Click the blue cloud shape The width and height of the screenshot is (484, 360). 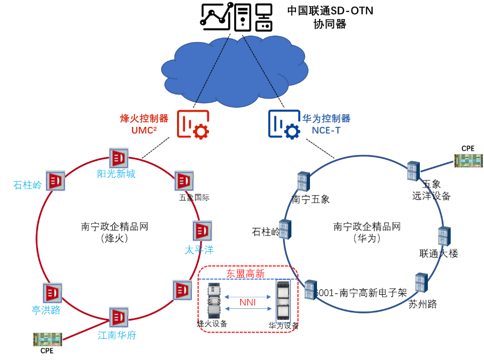coord(234,70)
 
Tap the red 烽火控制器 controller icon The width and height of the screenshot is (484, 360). coord(193,124)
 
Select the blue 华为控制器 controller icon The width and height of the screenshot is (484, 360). coord(284,124)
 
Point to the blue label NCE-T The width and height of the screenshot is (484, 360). coord(326,130)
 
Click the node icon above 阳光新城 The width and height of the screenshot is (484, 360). coord(119,158)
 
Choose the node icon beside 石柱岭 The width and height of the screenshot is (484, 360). coord(56,181)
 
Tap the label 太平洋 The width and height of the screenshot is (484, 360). coord(199,250)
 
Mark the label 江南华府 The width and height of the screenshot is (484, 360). coord(116,335)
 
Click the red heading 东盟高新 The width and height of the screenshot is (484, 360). coord(245,274)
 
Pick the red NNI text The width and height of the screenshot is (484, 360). coord(247,302)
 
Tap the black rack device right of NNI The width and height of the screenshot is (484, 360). coord(283,301)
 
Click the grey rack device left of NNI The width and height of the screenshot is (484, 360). coord(214,301)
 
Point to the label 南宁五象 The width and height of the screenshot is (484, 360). coord(311,200)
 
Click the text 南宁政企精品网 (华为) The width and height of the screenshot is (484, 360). coord(367,232)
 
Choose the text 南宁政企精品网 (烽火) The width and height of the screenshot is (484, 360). coord(114,232)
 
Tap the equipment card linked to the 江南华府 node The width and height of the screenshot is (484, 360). coord(47,339)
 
